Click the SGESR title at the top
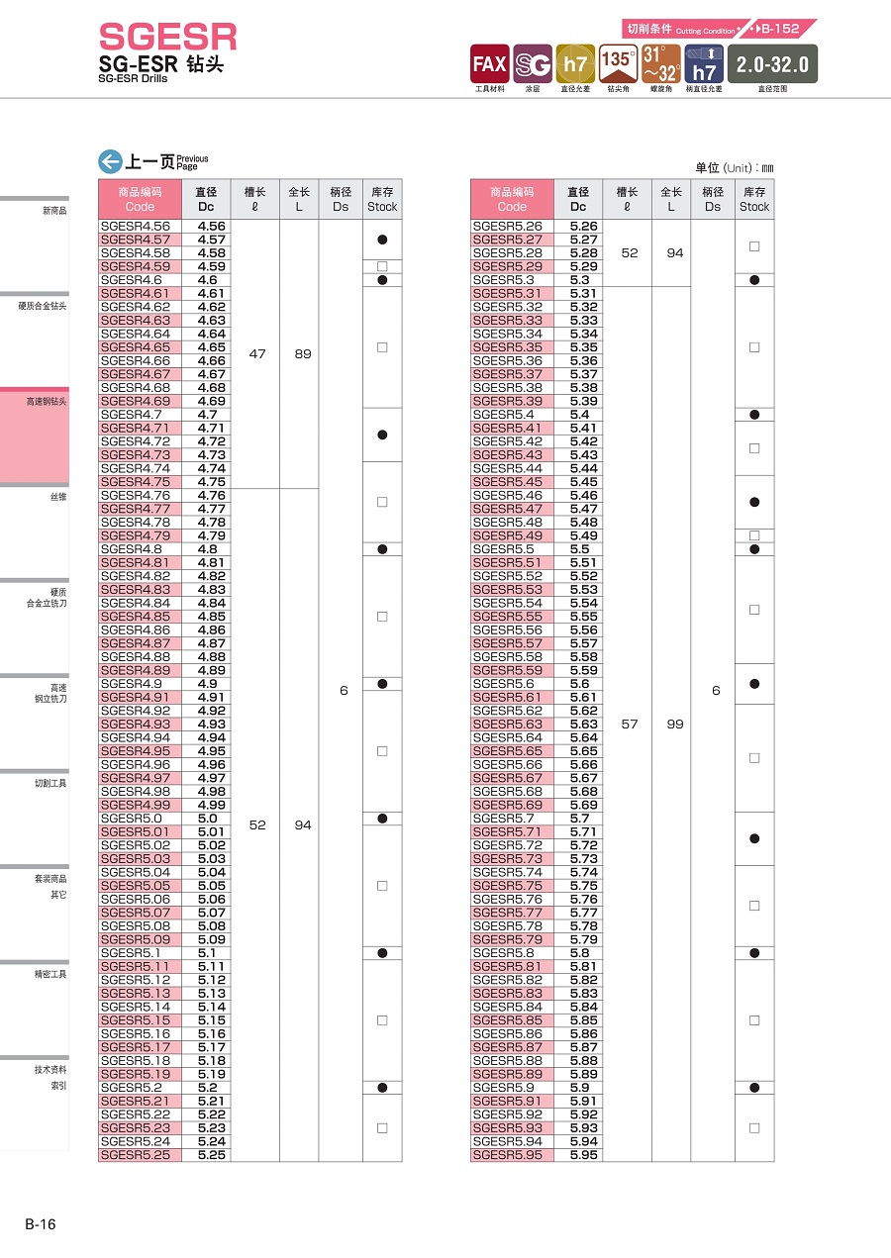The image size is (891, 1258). (168, 37)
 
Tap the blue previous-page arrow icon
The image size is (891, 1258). (110, 161)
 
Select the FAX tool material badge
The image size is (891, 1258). (489, 64)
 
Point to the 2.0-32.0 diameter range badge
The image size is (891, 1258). (772, 64)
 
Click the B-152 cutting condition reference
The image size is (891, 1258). (778, 29)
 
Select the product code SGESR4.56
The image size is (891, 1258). (136, 227)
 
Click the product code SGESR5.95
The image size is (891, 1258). (508, 1155)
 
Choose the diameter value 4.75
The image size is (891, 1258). (212, 482)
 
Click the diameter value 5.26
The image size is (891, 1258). (584, 227)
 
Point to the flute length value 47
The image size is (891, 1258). (257, 354)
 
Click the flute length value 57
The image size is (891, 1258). (630, 725)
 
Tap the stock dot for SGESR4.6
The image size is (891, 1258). (382, 280)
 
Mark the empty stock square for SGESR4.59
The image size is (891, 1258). (382, 266)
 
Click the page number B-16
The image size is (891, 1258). (41, 1224)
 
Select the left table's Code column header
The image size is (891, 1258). (140, 199)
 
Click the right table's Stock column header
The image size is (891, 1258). (754, 199)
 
